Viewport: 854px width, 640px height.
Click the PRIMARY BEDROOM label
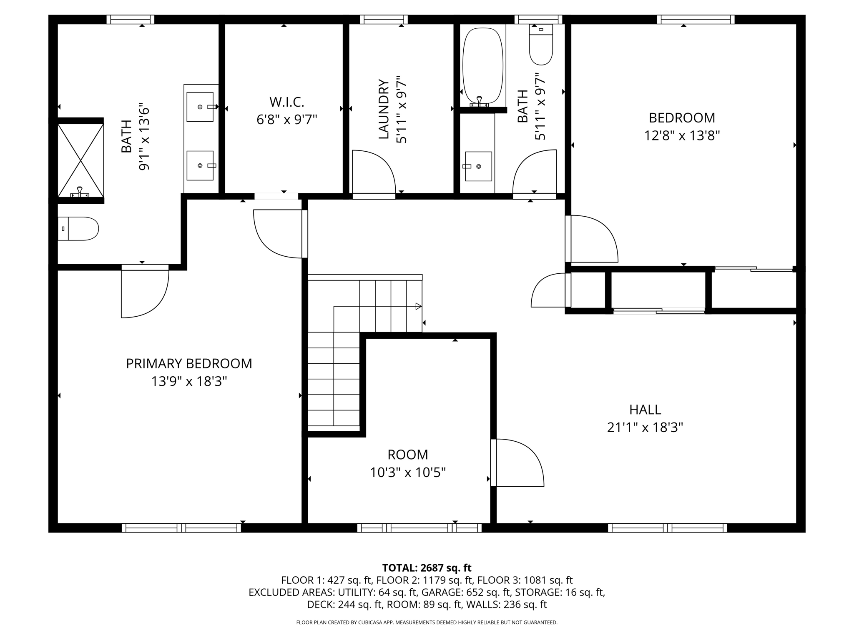[x=189, y=364]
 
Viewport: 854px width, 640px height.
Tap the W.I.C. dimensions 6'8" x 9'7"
[x=287, y=120]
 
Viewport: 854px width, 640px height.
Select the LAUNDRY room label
[x=384, y=109]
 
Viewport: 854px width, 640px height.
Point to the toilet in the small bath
[x=541, y=45]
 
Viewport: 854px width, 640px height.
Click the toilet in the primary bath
[x=78, y=229]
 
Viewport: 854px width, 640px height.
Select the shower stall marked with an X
[x=80, y=160]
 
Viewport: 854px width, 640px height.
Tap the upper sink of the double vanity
[x=200, y=107]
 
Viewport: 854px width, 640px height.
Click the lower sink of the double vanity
[x=200, y=165]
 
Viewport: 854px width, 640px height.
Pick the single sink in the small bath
[x=478, y=166]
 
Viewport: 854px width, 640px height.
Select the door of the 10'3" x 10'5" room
[x=517, y=462]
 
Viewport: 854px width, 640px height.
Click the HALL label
[x=645, y=410]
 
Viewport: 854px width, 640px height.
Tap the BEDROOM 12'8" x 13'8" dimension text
[x=682, y=136]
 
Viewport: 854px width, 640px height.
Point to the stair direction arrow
[x=418, y=307]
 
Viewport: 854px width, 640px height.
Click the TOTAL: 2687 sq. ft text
[x=427, y=568]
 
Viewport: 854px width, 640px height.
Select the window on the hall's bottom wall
[x=667, y=528]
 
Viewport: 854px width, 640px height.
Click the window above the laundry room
[x=384, y=20]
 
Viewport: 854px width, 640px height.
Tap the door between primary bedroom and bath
[x=145, y=292]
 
